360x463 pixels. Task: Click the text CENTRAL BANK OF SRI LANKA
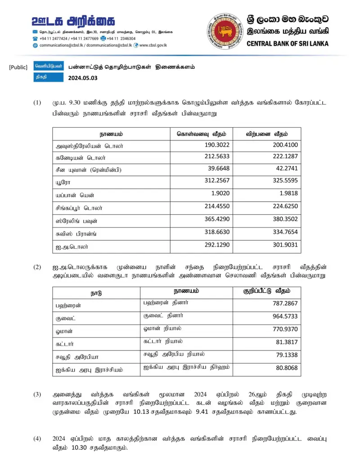(288, 44)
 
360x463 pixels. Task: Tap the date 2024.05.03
(83, 77)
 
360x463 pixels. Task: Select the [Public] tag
(18, 67)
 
